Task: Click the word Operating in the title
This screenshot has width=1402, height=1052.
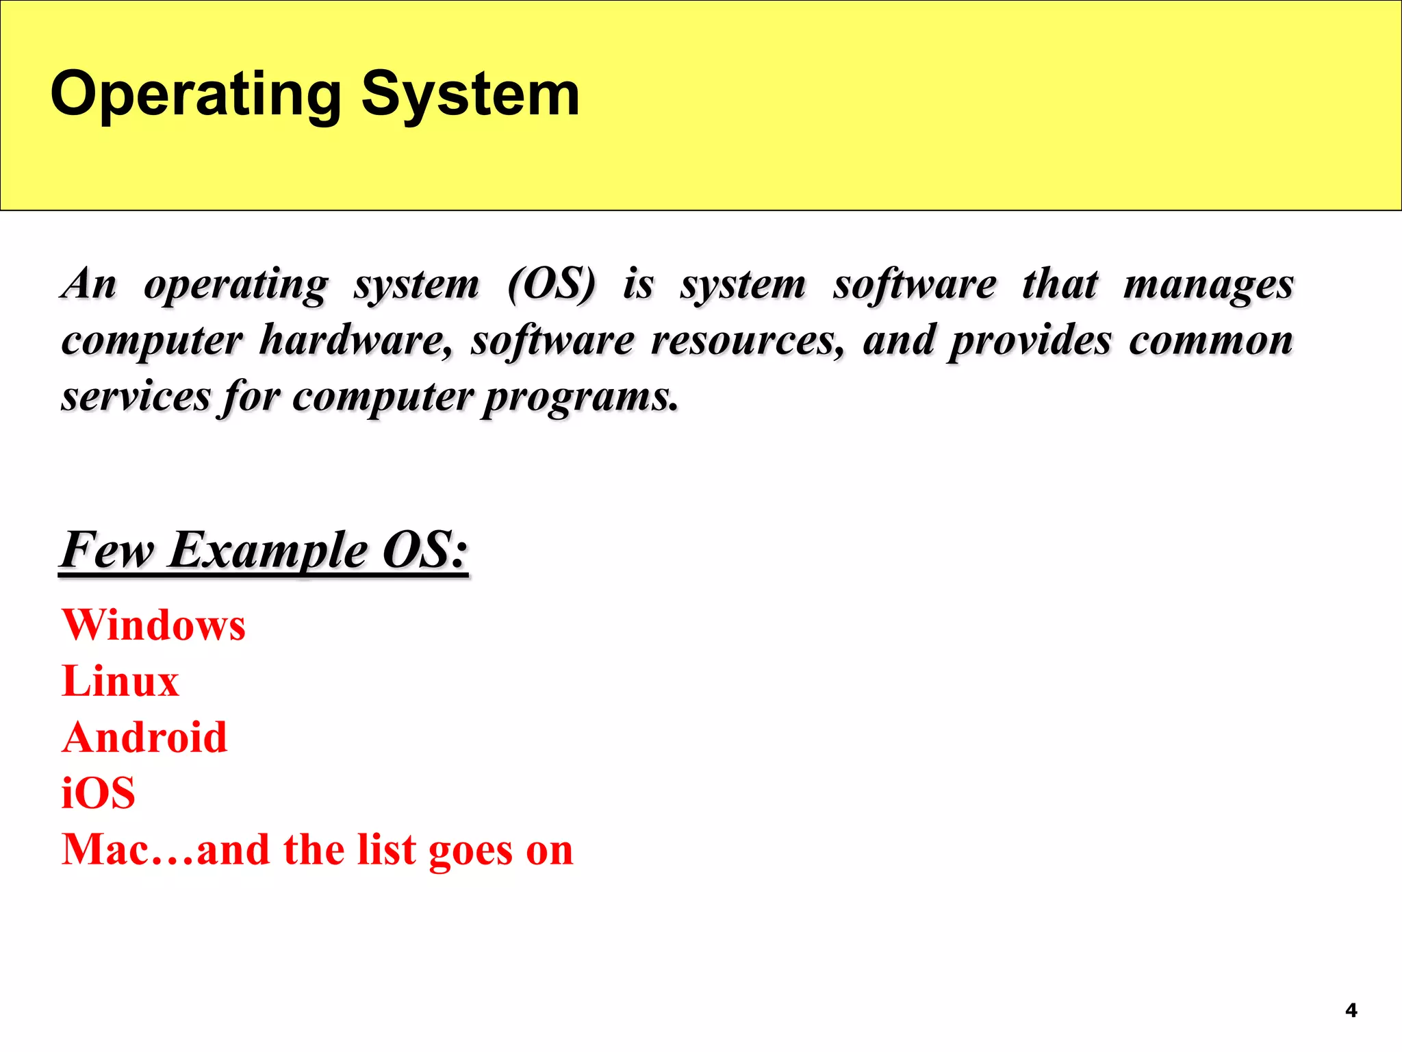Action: coord(196,95)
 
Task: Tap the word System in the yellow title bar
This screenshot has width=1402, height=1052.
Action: coord(470,95)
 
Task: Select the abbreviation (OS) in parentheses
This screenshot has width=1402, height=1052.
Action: coord(552,284)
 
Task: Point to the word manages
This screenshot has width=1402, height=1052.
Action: coord(1208,285)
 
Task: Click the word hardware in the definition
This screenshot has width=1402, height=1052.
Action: coord(355,340)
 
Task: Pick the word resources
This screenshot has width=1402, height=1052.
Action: coord(747,340)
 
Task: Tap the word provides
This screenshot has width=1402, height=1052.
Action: coord(1030,341)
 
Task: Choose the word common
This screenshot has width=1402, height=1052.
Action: coord(1210,340)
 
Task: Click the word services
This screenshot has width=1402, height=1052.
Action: coord(136,397)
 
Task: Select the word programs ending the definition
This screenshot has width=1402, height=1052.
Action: coord(581,398)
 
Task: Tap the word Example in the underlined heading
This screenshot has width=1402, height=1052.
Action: coord(268,551)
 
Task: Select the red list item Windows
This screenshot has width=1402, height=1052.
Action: coord(154,625)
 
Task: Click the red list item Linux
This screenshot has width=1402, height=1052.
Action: coord(120,681)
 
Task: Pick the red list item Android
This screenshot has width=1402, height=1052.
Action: coord(144,738)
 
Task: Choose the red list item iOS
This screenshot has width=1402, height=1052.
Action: coord(99,794)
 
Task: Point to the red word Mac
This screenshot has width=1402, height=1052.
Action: coord(105,850)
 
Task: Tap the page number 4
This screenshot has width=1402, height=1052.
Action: coord(1351,1010)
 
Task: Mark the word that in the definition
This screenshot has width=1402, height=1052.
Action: coord(1060,284)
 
